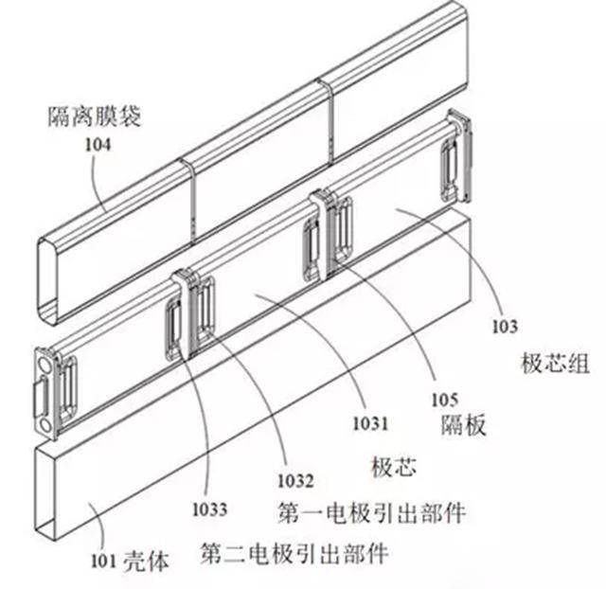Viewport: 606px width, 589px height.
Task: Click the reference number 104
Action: pyautogui.click(x=98, y=145)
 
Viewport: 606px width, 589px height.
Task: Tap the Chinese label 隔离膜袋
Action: pyautogui.click(x=95, y=116)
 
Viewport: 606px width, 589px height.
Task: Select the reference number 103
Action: pyautogui.click(x=505, y=327)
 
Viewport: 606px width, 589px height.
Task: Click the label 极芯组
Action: pyautogui.click(x=556, y=364)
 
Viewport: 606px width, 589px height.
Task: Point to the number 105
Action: pyautogui.click(x=445, y=400)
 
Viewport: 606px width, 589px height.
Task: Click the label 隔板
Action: pyautogui.click(x=463, y=425)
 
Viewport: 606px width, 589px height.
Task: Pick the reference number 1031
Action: pyautogui.click(x=370, y=423)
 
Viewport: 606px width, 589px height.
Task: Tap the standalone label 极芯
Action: pyautogui.click(x=394, y=467)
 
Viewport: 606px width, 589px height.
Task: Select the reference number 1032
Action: pyautogui.click(x=295, y=481)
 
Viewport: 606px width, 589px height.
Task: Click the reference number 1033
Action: pyautogui.click(x=210, y=509)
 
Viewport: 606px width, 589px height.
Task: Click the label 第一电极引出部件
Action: pyautogui.click(x=371, y=512)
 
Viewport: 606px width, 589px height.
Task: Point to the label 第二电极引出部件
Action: pyautogui.click(x=294, y=553)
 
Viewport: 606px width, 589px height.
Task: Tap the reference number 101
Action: pyautogui.click(x=103, y=562)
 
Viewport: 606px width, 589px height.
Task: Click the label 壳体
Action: pyautogui.click(x=147, y=562)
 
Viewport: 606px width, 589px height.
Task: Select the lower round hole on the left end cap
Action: pyautogui.click(x=45, y=426)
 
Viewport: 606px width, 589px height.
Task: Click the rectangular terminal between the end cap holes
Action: pyautogui.click(x=42, y=394)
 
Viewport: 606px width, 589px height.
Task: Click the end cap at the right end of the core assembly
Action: pyautogui.click(x=461, y=155)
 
